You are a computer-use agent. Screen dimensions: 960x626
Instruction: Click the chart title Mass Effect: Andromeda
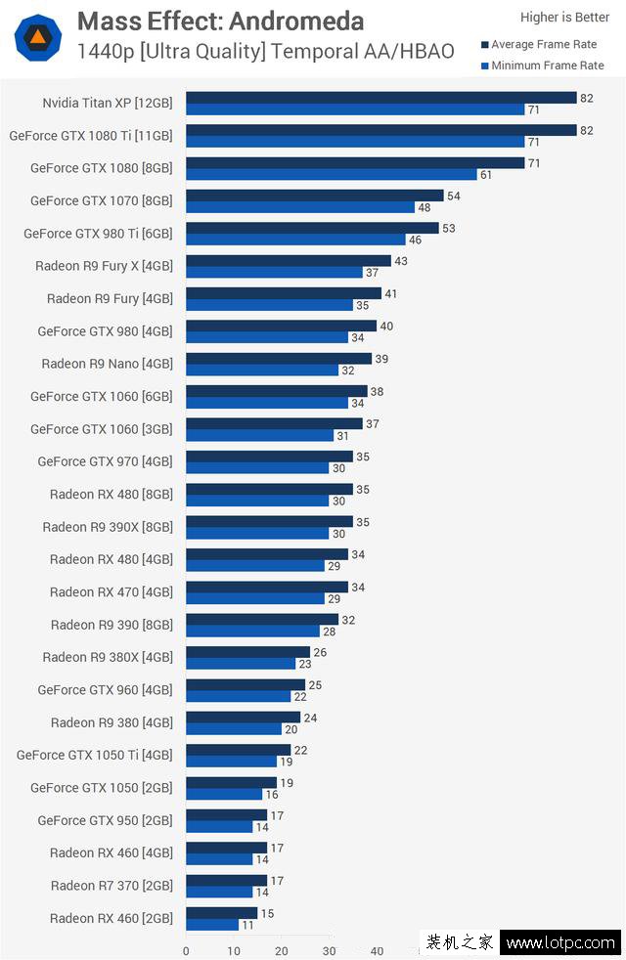point(220,22)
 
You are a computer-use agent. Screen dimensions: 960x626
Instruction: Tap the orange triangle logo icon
point(38,38)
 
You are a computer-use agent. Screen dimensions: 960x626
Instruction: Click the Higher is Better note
point(564,17)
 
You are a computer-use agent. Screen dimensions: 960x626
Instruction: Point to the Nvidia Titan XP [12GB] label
point(108,103)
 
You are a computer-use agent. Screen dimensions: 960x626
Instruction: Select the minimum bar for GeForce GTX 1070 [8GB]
point(300,207)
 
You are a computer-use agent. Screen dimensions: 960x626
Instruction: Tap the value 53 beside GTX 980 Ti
point(448,228)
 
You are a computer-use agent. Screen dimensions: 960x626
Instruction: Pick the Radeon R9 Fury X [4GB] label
point(104,266)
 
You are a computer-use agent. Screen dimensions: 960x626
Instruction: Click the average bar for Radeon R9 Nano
point(279,359)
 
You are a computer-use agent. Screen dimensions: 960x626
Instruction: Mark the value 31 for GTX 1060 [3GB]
point(342,436)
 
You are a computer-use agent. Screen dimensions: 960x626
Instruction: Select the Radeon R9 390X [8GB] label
point(108,527)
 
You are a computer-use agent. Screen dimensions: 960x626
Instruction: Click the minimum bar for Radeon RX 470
point(254,598)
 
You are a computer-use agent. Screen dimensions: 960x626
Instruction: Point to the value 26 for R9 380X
point(319,652)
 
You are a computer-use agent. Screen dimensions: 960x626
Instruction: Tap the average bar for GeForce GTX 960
point(246,684)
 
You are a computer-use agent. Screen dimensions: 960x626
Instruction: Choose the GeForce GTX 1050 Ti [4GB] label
point(94,755)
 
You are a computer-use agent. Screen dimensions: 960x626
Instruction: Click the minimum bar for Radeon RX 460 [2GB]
point(211,925)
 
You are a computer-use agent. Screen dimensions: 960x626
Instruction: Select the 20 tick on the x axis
point(282,950)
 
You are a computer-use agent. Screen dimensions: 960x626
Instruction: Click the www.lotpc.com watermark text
point(560,944)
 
